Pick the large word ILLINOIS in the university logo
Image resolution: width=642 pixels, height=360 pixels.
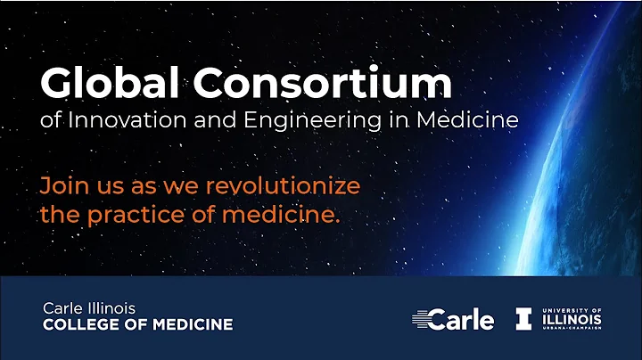(572, 318)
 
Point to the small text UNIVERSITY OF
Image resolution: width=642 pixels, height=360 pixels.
(572, 307)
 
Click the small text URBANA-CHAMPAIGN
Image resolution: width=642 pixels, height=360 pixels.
(572, 329)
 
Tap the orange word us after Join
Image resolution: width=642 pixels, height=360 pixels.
(104, 186)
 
